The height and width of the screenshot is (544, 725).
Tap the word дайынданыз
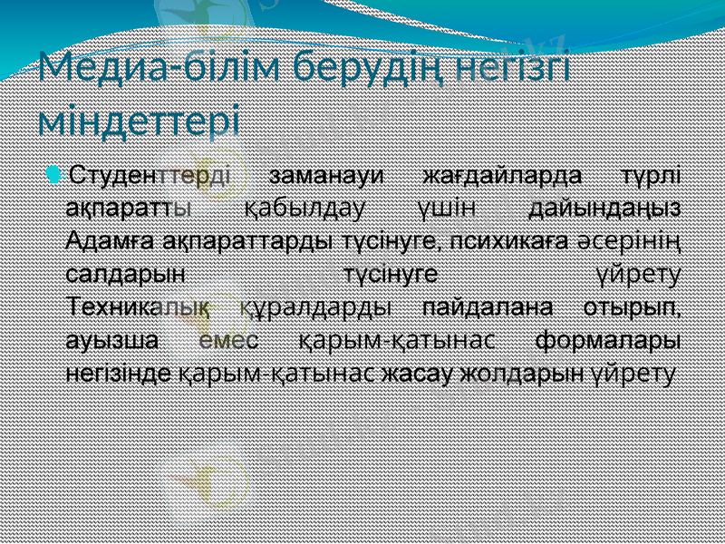(x=606, y=209)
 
